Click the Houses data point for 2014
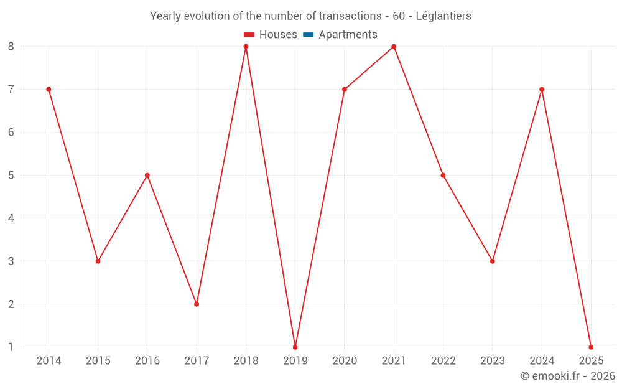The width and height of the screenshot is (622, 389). (x=49, y=90)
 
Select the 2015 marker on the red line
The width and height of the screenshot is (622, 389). (x=98, y=261)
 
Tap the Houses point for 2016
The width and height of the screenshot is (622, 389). (x=147, y=176)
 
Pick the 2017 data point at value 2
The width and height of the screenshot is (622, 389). (x=197, y=304)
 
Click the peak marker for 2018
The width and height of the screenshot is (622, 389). (x=246, y=47)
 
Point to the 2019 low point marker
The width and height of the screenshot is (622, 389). (x=295, y=347)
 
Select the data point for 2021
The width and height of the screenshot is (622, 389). (x=394, y=47)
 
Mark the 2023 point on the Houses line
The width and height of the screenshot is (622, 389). (x=493, y=261)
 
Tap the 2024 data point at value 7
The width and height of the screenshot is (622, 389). (x=542, y=90)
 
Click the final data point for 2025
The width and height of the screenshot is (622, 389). (x=591, y=347)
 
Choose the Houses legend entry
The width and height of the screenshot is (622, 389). (x=271, y=35)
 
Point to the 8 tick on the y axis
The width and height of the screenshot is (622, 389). (x=11, y=47)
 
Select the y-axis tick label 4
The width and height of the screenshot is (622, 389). (x=11, y=218)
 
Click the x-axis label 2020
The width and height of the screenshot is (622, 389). (x=345, y=361)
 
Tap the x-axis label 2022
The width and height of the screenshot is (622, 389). (x=443, y=361)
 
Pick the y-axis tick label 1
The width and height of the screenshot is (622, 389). (x=11, y=347)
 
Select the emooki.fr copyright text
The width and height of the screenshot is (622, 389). (x=568, y=376)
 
